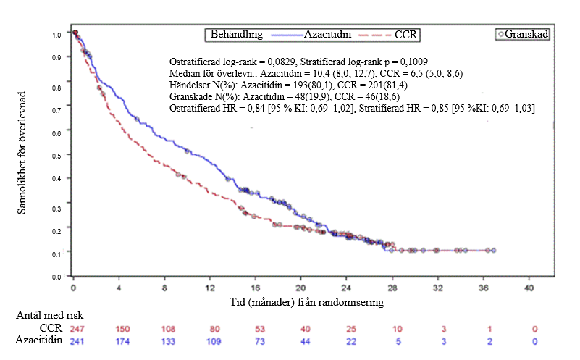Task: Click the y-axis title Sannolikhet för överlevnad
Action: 25,154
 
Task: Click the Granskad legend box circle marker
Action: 500,34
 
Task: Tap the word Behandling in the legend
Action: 237,34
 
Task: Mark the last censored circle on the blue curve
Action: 493,251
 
